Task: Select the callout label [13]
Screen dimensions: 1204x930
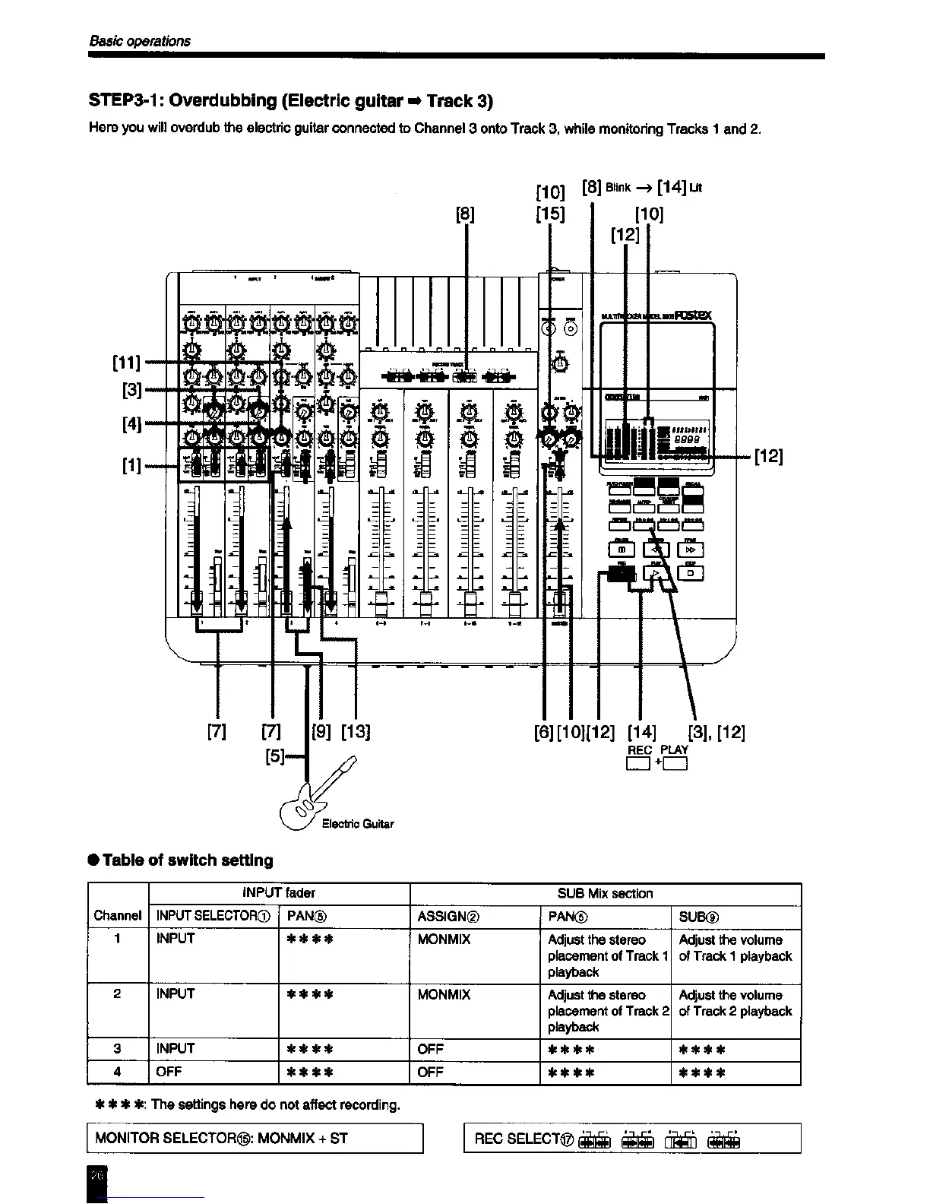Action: point(355,733)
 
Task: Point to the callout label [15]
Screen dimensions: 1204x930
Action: point(550,214)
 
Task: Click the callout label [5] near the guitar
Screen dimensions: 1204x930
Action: point(275,756)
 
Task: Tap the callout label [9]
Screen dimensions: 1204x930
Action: point(322,733)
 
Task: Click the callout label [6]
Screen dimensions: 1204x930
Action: point(544,733)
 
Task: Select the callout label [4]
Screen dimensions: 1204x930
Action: point(132,423)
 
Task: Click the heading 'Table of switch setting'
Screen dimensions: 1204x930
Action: point(187,860)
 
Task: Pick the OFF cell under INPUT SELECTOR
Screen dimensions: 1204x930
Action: point(169,1073)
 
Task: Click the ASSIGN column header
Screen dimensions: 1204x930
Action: point(448,917)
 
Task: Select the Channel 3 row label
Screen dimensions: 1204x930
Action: point(117,1049)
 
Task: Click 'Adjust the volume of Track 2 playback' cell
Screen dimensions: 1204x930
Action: point(735,1003)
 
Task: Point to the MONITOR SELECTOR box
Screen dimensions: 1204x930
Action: point(255,1138)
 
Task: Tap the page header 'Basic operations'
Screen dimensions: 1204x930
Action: point(140,41)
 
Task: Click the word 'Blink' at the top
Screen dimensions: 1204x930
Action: point(619,188)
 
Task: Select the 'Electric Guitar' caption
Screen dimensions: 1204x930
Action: point(358,824)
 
